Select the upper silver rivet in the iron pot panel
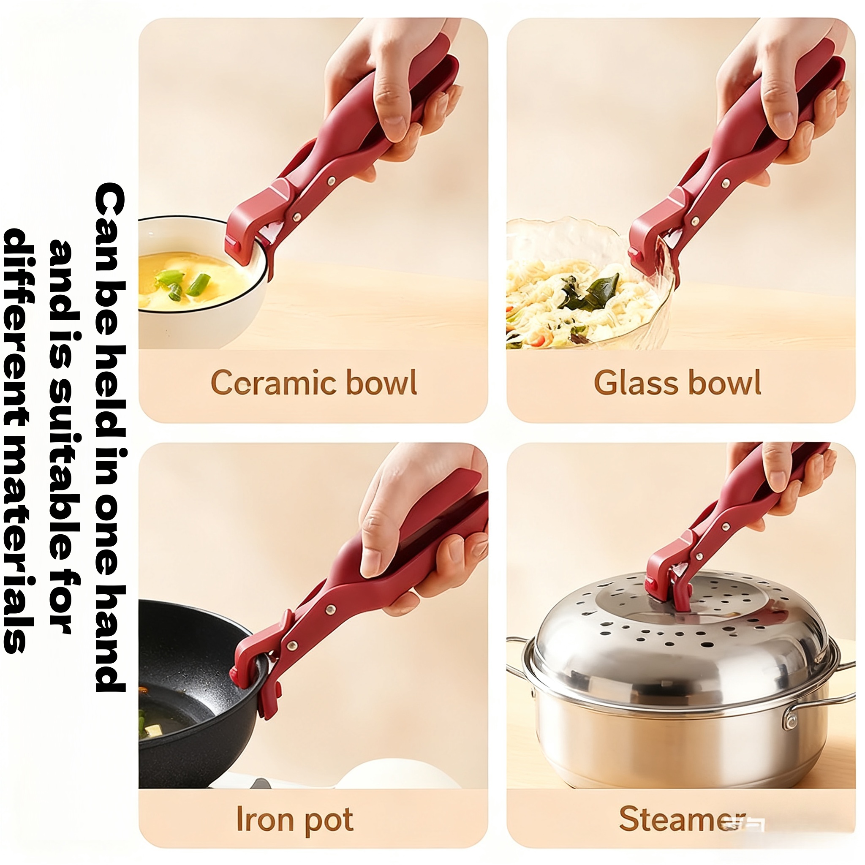[330, 609]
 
